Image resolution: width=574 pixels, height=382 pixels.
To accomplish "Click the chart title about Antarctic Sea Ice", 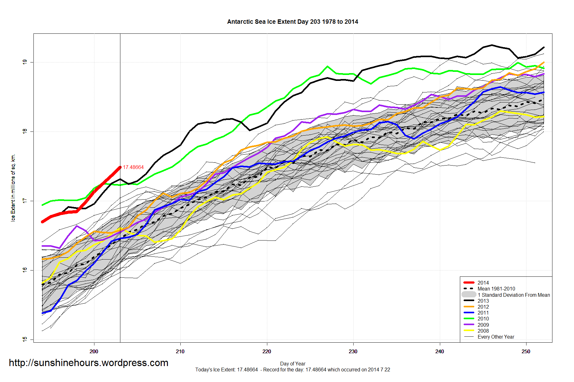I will (x=292, y=22).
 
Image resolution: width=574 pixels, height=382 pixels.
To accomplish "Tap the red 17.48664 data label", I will (x=133, y=167).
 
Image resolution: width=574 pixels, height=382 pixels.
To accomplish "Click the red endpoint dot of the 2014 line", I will (x=120, y=167).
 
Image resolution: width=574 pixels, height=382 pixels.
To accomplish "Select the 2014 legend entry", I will (x=483, y=283).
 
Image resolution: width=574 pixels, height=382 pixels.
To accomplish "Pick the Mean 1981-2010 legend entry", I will (x=496, y=289).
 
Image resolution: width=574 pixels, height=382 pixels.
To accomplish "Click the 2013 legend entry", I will (x=483, y=301).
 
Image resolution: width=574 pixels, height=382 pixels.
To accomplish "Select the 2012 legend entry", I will (x=483, y=307).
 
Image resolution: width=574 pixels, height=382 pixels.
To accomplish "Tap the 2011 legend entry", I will (x=483, y=313).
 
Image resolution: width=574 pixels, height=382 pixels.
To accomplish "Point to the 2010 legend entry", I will (x=483, y=319).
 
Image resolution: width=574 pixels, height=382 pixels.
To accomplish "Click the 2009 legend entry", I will (x=483, y=325).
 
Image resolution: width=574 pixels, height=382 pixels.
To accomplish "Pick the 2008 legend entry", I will (x=483, y=331).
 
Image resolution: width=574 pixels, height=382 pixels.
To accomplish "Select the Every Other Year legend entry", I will (x=496, y=337).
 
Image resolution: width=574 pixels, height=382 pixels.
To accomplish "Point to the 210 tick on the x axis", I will (x=180, y=351).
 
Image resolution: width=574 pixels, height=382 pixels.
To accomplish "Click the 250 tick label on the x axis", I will (x=526, y=351).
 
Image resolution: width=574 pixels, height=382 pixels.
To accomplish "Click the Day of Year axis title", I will (x=293, y=364).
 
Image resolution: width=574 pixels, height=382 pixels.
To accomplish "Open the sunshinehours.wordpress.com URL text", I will (x=88, y=363).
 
